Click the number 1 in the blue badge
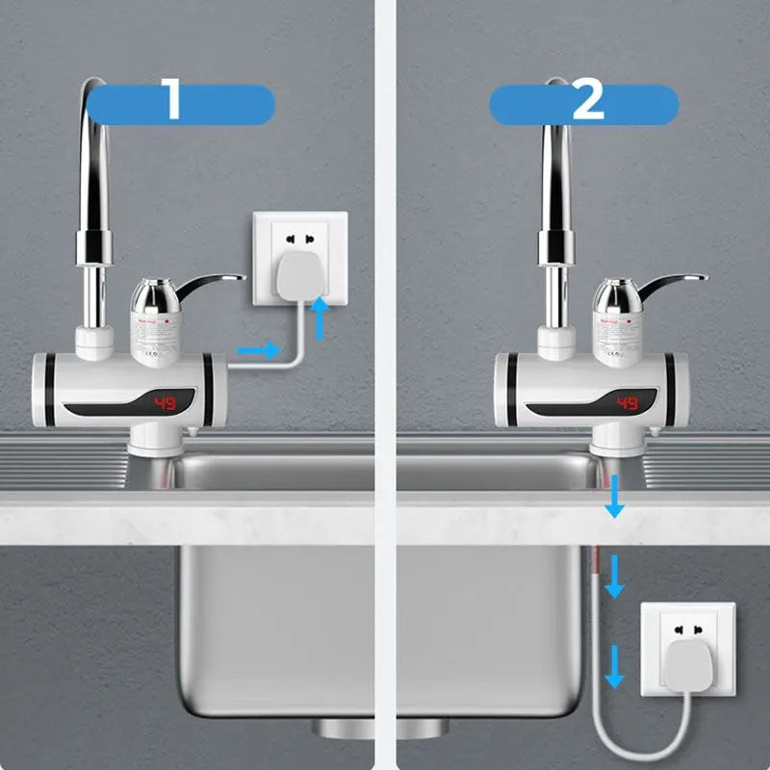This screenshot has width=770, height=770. [x=173, y=102]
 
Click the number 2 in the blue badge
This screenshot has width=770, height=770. [x=587, y=102]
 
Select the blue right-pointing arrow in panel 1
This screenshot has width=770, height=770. [x=258, y=350]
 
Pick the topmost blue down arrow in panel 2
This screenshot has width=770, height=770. [x=613, y=501]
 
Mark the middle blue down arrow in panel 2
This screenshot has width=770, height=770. [x=614, y=580]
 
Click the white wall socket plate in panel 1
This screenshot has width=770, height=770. [x=298, y=231]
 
